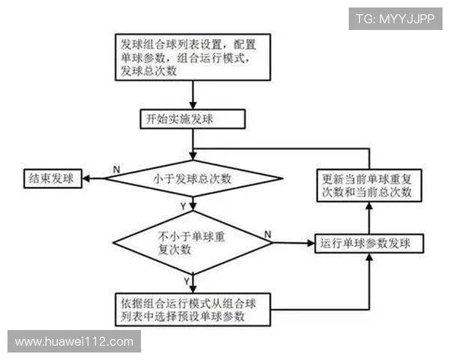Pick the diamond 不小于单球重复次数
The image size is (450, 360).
tap(192, 243)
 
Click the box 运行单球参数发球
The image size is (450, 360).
tap(369, 244)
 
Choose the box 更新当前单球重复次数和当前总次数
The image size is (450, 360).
tap(367, 185)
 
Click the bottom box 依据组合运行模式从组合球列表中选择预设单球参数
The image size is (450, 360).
tap(193, 310)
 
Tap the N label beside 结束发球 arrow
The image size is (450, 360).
tap(116, 170)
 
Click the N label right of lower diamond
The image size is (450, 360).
tap(268, 235)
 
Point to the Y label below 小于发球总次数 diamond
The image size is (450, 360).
tap(184, 205)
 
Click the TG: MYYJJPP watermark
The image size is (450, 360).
tap(395, 17)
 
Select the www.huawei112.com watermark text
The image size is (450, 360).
tap(74, 342)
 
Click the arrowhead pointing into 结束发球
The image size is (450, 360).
tap(87, 178)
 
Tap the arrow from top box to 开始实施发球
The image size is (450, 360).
tap(194, 95)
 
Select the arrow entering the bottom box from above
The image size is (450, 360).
tap(194, 284)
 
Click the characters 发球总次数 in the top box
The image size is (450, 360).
tap(148, 71)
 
